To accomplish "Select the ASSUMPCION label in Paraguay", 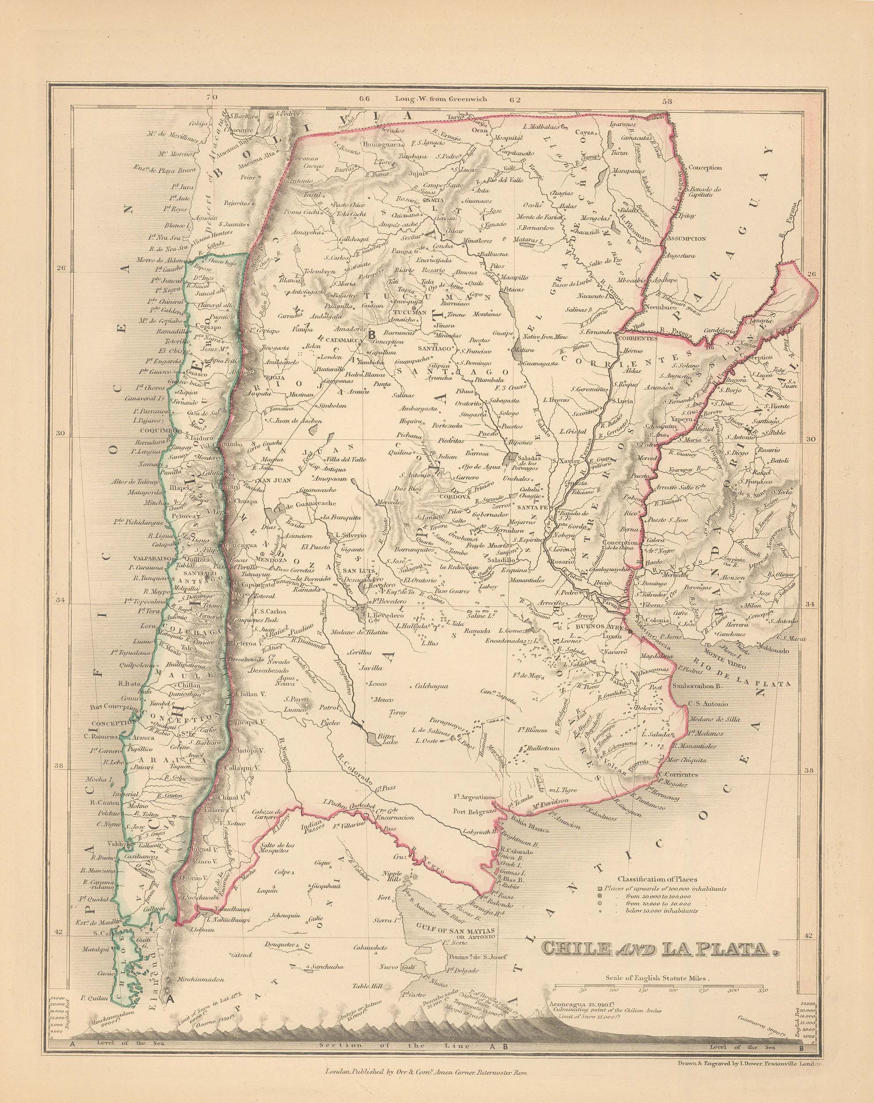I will (x=686, y=238).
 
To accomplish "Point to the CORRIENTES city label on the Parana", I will (x=637, y=339).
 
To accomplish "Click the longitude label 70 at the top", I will (x=211, y=97).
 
